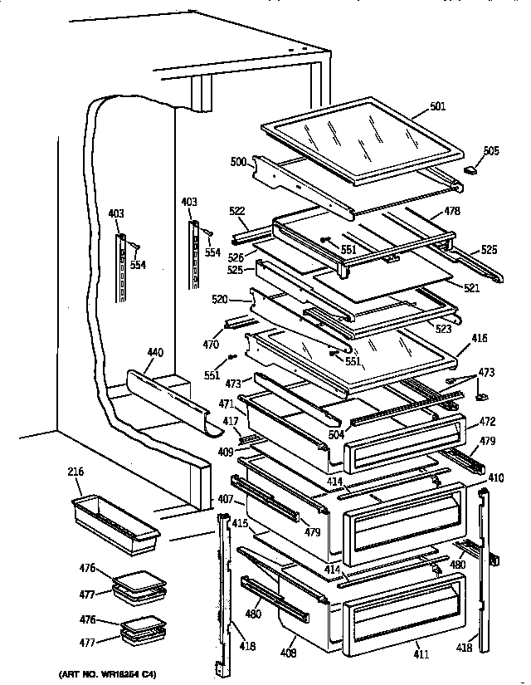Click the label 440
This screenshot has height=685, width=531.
point(154,353)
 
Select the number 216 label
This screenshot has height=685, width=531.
point(76,472)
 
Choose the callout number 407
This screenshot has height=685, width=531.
point(226,500)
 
